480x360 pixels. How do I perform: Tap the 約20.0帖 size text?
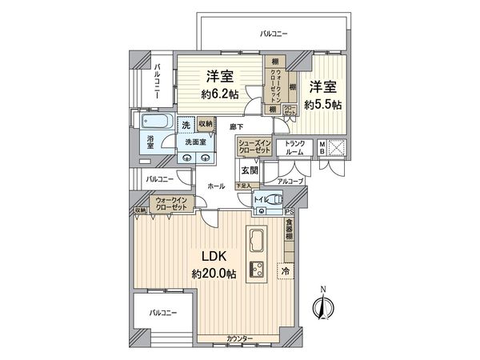pyautogui.click(x=213, y=274)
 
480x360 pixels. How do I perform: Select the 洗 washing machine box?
pyautogui.click(x=186, y=125)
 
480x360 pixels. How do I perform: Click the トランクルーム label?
pyautogui.click(x=298, y=147)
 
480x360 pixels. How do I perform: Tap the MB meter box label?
pyautogui.click(x=322, y=147)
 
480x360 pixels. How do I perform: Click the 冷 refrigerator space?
pyautogui.click(x=286, y=271)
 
